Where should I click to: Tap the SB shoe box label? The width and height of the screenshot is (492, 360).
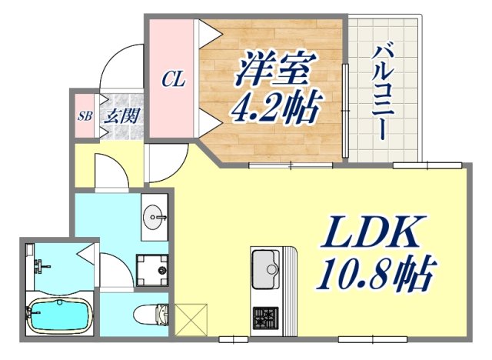[x=84, y=116]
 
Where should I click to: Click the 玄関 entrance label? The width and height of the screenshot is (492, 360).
[x=121, y=117]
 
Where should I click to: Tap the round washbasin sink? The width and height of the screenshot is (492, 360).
[x=156, y=216]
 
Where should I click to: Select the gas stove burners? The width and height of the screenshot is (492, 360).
[x=266, y=316]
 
